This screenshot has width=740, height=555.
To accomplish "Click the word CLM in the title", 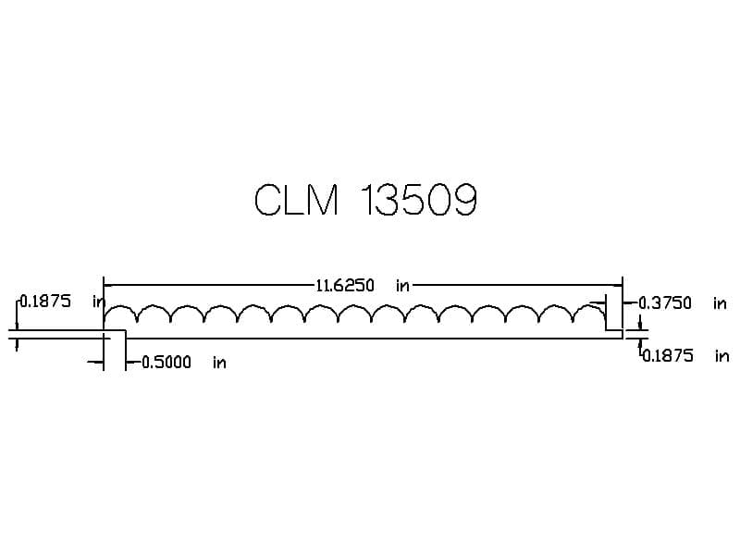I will pyautogui.click(x=297, y=199).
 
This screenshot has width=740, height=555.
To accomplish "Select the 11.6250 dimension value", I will pyautogui.click(x=345, y=286).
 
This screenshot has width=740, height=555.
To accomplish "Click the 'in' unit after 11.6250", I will pyautogui.click(x=402, y=286).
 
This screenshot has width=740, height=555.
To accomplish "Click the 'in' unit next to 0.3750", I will pyautogui.click(x=720, y=303).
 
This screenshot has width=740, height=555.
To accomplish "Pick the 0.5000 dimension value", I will pyautogui.click(x=166, y=363).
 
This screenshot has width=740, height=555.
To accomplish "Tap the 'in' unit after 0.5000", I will pyautogui.click(x=219, y=363).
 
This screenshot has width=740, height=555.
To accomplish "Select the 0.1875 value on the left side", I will pyautogui.click(x=45, y=302).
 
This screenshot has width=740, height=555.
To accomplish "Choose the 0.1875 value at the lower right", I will pyautogui.click(x=667, y=356).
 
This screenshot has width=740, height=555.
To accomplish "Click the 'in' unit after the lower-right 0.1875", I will pyautogui.click(x=721, y=356).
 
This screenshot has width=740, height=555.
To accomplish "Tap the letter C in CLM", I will pyautogui.click(x=267, y=199).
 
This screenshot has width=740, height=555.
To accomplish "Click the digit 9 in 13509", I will pyautogui.click(x=465, y=199).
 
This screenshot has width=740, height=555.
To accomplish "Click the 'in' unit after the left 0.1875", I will pyautogui.click(x=98, y=302).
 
